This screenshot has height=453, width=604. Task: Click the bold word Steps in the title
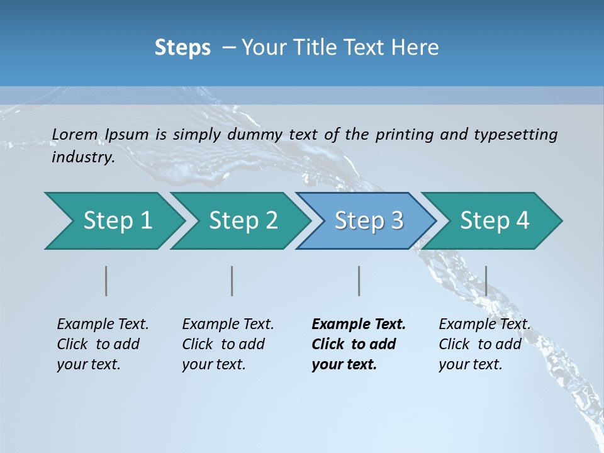pyautogui.click(x=182, y=48)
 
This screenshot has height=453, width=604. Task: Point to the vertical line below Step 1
pyautogui.click(x=106, y=281)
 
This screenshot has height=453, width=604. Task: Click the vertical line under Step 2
pyautogui.click(x=232, y=281)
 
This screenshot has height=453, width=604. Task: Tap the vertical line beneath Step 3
pyautogui.click(x=359, y=281)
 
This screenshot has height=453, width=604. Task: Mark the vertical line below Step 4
pyautogui.click(x=486, y=281)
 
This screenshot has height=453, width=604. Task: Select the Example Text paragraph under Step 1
pyautogui.click(x=103, y=344)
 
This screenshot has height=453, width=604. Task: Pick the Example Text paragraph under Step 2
pyautogui.click(x=228, y=344)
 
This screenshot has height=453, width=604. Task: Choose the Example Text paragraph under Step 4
pyautogui.click(x=484, y=344)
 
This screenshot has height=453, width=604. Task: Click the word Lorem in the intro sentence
pyautogui.click(x=75, y=135)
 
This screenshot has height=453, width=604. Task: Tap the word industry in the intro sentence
pyautogui.click(x=82, y=157)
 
